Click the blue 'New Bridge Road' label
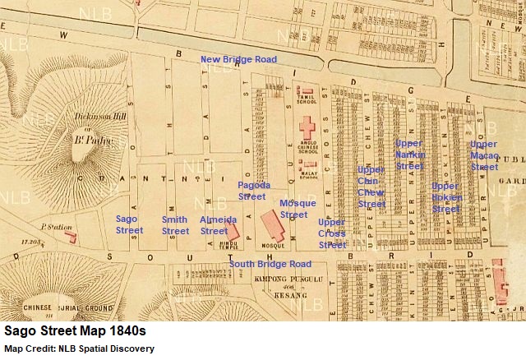point(239,59)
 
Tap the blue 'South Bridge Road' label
point(270,264)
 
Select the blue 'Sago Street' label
point(129,225)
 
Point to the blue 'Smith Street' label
point(175,225)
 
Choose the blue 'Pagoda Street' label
point(252,191)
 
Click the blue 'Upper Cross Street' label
point(331,233)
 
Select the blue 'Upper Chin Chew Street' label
point(371,187)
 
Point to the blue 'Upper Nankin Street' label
point(409,155)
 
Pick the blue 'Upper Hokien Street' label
point(446,197)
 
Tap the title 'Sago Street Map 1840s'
point(75,331)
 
